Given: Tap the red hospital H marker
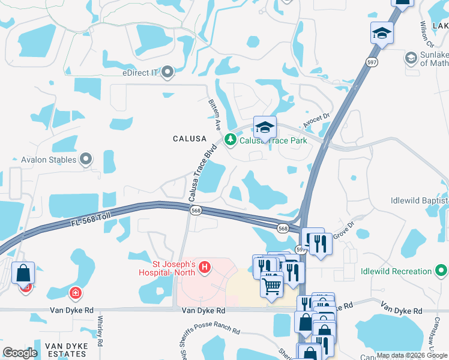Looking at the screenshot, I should click(204, 267).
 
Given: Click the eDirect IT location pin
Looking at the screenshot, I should click(167, 73).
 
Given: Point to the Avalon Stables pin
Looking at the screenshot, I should click(86, 160).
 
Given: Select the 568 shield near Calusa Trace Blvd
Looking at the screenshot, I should click(196, 211).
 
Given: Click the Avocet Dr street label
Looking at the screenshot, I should click(317, 118).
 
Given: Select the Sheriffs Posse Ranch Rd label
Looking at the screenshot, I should click(209, 334).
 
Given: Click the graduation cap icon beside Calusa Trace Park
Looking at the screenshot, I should click(265, 127).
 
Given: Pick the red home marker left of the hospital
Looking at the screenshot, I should click(76, 294).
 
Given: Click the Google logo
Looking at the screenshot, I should click(20, 353).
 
